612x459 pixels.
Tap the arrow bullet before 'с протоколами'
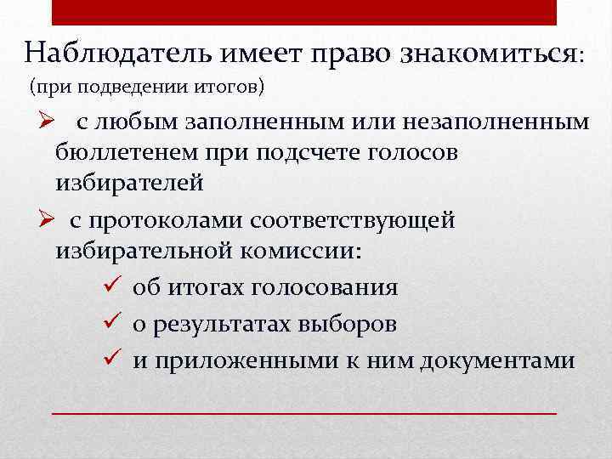[45, 219]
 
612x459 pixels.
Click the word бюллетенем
[133, 153]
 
